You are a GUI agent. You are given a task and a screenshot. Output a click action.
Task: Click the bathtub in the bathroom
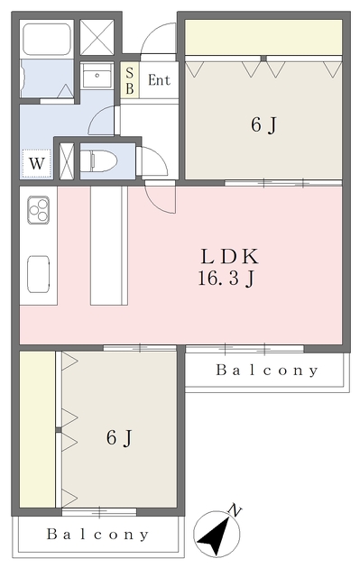(47, 40)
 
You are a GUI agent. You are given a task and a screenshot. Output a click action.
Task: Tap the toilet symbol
(98, 160)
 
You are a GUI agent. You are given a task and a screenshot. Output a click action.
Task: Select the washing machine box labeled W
(36, 163)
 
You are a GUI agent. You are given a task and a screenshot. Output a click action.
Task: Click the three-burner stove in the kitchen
(38, 210)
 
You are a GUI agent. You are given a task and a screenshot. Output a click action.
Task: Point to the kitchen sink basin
(38, 274)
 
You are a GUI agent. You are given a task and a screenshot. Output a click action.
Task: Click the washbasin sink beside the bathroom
(97, 76)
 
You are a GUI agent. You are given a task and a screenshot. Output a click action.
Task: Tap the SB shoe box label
(130, 80)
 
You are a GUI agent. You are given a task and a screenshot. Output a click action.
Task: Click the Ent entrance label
(159, 80)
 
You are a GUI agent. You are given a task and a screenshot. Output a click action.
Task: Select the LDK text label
(229, 256)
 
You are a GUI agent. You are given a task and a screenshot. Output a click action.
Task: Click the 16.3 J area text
(226, 279)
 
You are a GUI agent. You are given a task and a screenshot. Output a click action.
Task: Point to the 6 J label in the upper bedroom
(263, 124)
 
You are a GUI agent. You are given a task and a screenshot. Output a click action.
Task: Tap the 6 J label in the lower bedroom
(119, 438)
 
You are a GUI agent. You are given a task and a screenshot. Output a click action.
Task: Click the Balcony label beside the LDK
(267, 371)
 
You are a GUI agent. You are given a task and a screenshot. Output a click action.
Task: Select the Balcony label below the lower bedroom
(98, 535)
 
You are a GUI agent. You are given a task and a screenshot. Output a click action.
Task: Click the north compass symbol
(217, 533)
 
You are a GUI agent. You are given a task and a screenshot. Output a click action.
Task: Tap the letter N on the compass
(235, 510)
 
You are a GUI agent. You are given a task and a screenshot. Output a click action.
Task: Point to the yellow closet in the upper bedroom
(263, 38)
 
